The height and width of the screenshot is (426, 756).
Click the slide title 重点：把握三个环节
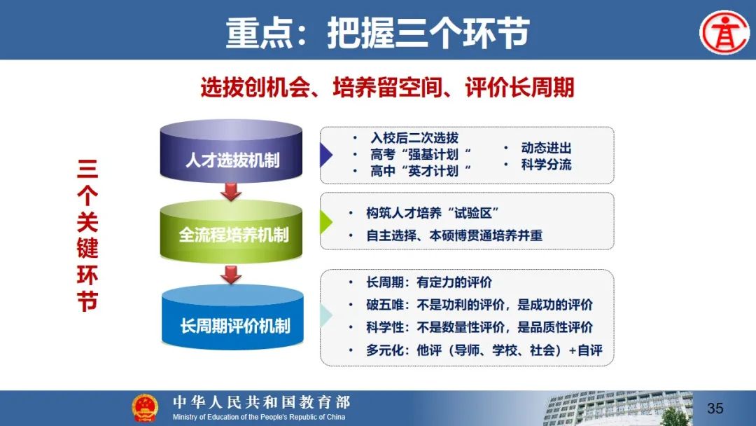(x=377, y=33)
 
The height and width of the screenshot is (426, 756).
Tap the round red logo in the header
(x=724, y=32)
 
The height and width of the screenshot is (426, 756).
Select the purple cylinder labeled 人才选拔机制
(x=231, y=151)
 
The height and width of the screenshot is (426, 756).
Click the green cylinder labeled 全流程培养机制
(x=231, y=231)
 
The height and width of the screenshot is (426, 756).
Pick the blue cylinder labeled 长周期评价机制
(x=232, y=317)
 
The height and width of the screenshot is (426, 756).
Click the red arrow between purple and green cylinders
(x=231, y=191)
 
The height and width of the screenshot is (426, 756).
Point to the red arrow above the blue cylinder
(x=231, y=275)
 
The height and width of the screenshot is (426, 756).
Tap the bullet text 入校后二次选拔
(x=414, y=138)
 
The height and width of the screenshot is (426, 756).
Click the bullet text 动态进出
(x=546, y=148)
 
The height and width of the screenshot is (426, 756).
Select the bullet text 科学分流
(x=546, y=165)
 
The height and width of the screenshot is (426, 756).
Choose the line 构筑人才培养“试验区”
(x=433, y=213)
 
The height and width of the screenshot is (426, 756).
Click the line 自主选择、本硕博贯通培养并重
(x=454, y=235)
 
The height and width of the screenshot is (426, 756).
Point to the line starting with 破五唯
(x=479, y=305)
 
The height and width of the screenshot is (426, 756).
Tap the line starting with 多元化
(x=484, y=350)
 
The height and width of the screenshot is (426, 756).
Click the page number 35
(x=715, y=408)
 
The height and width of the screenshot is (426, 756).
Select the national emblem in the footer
(x=145, y=408)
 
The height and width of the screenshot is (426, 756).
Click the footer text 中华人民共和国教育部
(x=261, y=402)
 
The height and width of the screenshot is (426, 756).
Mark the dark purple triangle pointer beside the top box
(x=326, y=156)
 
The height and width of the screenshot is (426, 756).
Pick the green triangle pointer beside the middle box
(x=326, y=222)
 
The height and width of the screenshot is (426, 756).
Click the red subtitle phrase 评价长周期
(x=519, y=88)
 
